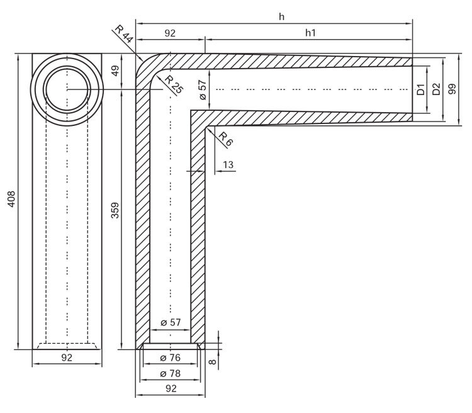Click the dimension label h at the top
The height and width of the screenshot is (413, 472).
point(281,16)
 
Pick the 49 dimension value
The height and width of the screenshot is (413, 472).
point(115,71)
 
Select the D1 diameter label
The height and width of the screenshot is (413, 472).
point(421,89)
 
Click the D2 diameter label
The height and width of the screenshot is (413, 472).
point(436,89)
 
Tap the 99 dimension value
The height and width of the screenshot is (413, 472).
point(452,89)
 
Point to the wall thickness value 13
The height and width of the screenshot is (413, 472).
point(227,164)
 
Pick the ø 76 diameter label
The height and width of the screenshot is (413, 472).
point(171,358)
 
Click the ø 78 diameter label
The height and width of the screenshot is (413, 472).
point(171,373)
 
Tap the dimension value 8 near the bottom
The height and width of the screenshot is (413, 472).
point(212,361)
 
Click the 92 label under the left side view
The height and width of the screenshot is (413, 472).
point(67,358)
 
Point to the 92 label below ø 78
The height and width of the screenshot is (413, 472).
point(171,389)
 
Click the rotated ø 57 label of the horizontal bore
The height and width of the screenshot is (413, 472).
point(203,89)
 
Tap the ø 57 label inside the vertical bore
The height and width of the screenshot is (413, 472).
point(171,322)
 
